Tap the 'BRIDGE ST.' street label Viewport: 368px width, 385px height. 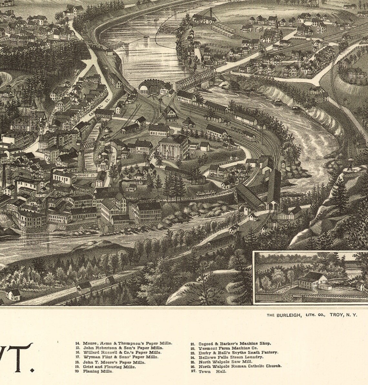point(85,175)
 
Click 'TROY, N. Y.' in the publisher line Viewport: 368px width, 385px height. point(343,315)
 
